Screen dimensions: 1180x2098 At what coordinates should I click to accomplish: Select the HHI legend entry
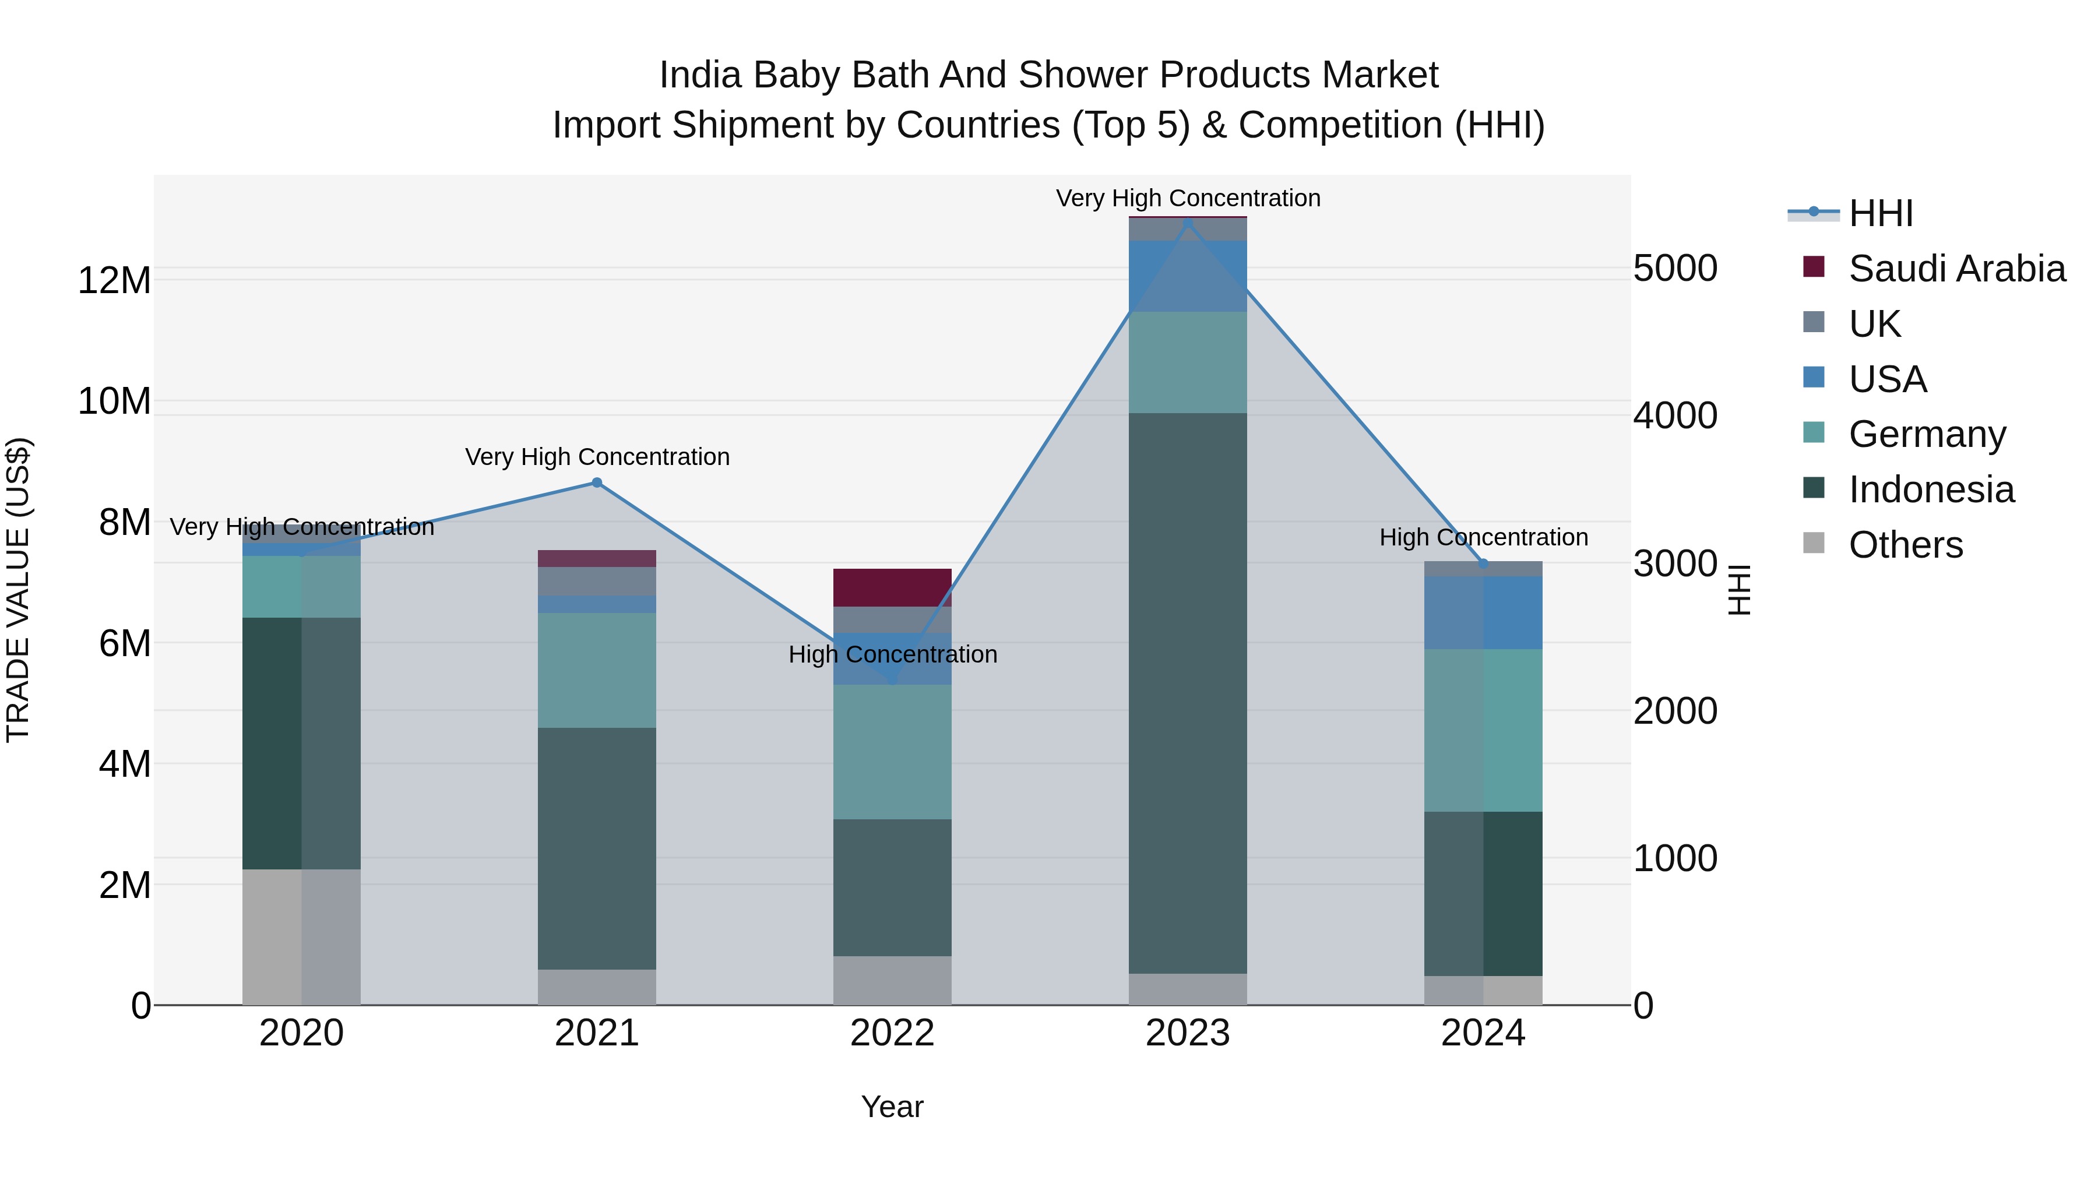1881,213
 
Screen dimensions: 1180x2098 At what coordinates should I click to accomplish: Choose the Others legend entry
1905,545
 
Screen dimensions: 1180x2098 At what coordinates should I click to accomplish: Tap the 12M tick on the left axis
114,280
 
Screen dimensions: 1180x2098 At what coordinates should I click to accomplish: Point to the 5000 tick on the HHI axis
1675,268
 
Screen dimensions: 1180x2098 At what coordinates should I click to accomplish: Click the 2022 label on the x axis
892,1033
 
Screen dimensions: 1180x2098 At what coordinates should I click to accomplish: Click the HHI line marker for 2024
1483,563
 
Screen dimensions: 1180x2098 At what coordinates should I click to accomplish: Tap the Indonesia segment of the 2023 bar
1188,692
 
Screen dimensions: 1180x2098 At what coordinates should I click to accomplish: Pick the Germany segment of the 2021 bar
596,670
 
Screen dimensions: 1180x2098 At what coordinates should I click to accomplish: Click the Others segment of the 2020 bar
301,936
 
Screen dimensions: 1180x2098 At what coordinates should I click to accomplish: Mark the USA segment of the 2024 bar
1483,612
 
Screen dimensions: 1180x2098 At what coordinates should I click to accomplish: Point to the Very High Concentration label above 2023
1188,199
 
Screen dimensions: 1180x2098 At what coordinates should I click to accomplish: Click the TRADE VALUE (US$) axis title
18,590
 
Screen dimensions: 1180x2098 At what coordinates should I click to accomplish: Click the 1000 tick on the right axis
1675,858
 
